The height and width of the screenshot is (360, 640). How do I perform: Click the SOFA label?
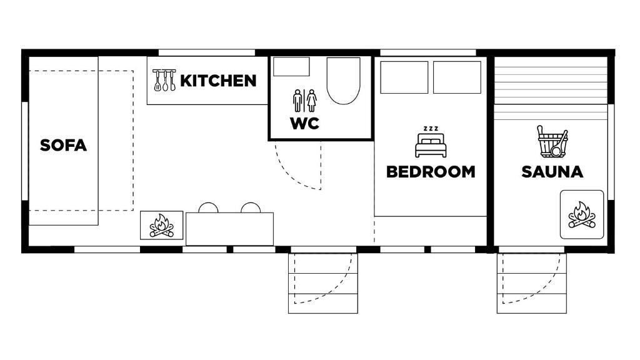tap(63, 146)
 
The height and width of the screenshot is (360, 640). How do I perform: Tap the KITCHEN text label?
tap(218, 81)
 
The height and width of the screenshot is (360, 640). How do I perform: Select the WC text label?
tap(304, 123)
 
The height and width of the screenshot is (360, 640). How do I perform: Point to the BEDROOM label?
tap(431, 172)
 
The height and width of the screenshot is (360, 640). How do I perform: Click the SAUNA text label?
tap(552, 172)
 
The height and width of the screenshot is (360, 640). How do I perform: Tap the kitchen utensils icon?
tap(164, 80)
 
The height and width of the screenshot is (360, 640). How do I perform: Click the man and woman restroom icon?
tap(305, 100)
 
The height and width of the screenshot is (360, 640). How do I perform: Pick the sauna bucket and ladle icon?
tap(552, 142)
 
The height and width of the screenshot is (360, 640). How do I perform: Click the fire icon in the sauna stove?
tap(581, 215)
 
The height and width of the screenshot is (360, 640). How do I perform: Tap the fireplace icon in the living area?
tap(161, 226)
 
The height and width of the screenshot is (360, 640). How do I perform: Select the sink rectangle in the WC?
tap(292, 67)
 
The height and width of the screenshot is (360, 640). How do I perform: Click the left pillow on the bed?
tap(404, 77)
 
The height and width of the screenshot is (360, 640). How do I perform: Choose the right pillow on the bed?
tap(457, 77)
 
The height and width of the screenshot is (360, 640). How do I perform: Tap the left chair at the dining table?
tap(208, 208)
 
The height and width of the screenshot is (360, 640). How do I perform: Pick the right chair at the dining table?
tap(251, 208)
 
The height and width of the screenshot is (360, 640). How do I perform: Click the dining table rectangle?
tap(229, 229)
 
